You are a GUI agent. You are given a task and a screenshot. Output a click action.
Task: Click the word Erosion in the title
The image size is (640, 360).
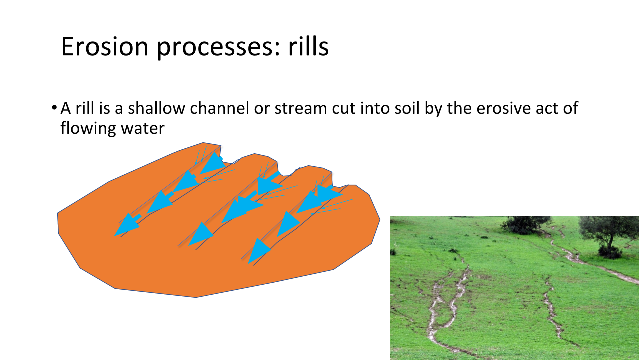[x=105, y=46]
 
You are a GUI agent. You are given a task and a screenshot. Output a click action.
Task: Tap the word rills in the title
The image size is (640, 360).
[x=308, y=46]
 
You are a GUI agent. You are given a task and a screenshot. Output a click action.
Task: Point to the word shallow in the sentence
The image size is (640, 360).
[x=157, y=108]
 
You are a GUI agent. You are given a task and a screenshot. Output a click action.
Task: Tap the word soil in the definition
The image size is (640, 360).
[x=407, y=108]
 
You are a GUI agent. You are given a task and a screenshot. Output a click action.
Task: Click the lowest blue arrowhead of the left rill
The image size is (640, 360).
[x=127, y=225]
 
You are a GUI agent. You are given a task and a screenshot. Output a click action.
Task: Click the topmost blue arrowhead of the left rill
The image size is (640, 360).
[x=213, y=163]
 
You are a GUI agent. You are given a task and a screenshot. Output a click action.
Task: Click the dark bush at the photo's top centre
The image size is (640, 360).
[x=525, y=225]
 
